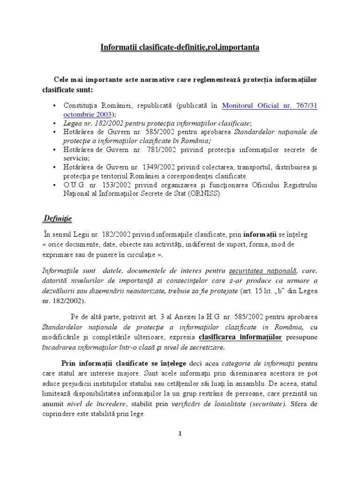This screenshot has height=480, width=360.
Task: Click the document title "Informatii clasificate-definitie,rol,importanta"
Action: [x=180, y=47]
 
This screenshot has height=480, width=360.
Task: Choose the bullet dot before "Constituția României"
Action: [x=55, y=105]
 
